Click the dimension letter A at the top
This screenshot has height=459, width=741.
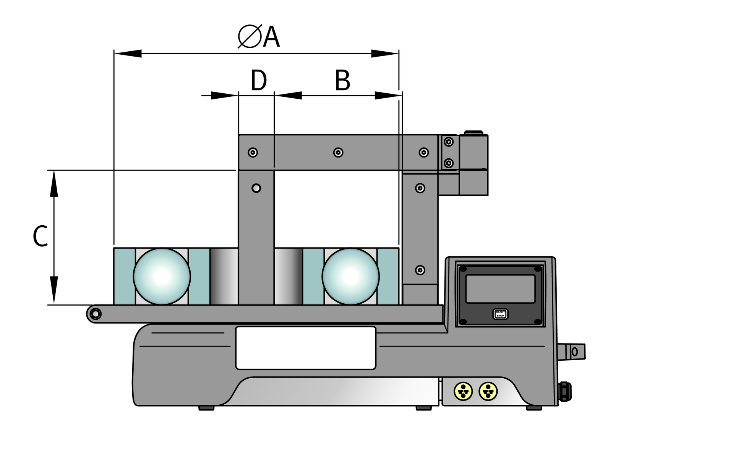[x=271, y=37]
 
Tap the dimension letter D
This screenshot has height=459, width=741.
[x=258, y=81]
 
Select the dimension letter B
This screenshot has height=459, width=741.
[x=342, y=81]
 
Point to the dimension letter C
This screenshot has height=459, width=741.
[x=40, y=236]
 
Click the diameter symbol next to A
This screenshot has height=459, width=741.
[x=250, y=37]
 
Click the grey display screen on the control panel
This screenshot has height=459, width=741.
[x=500, y=289]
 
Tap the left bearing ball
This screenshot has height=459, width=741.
[x=162, y=276]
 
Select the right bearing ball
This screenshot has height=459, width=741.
[x=350, y=276]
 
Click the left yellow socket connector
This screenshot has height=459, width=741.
[x=463, y=392]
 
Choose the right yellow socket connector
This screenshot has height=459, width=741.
[x=488, y=392]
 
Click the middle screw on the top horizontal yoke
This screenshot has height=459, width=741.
[x=338, y=153]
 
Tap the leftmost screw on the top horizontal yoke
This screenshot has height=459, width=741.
[x=253, y=153]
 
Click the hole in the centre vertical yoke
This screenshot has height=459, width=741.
[x=256, y=188]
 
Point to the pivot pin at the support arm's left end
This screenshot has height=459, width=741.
[x=95, y=314]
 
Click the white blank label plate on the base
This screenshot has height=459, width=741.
[x=306, y=348]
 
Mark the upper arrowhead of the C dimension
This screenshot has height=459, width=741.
[x=54, y=184]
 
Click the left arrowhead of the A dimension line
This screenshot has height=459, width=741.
[x=128, y=54]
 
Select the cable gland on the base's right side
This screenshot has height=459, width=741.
[x=565, y=392]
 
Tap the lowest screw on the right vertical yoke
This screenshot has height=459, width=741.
[x=420, y=270]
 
